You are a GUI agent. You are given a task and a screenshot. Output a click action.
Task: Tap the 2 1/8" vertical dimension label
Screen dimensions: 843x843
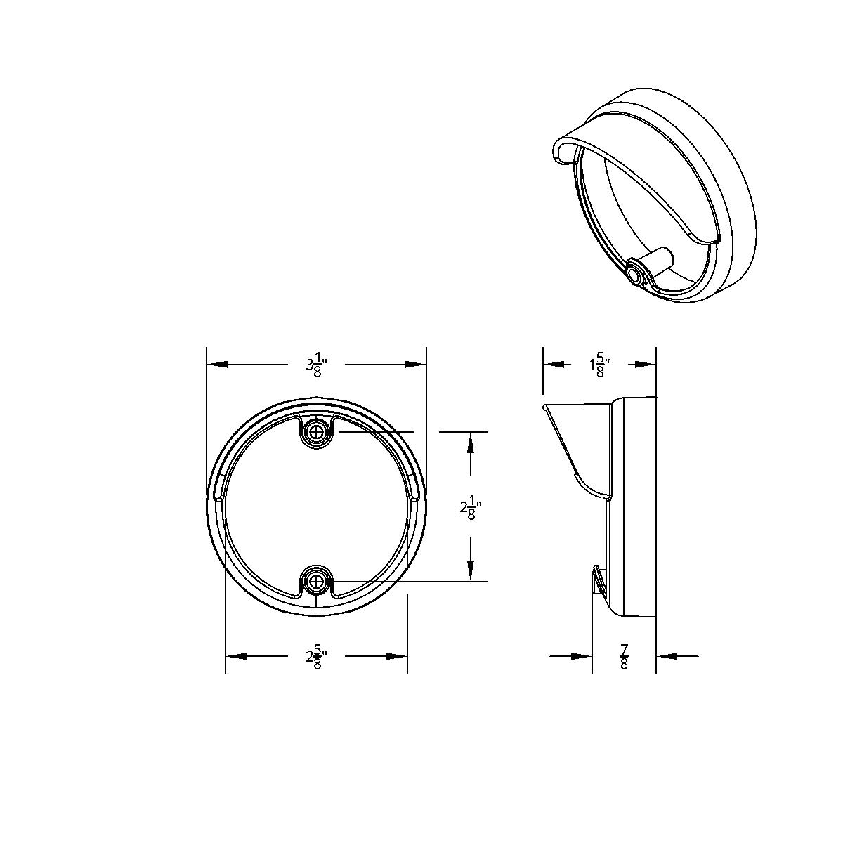click(470, 507)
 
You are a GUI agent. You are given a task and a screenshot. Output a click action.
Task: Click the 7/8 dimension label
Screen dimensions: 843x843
click(624, 657)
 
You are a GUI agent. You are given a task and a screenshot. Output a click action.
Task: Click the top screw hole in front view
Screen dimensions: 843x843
click(318, 431)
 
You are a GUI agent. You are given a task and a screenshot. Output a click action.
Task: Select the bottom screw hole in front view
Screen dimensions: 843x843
click(318, 582)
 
